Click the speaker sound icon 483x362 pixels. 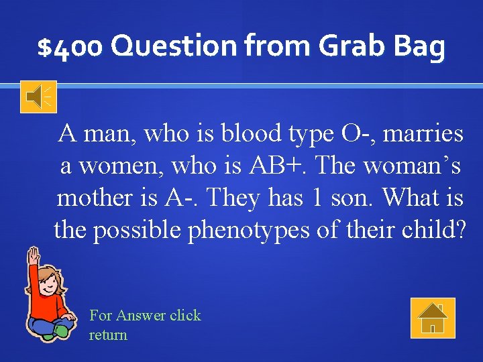coord(38,97)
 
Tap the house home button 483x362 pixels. coord(433,318)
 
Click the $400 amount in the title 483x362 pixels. coord(70,48)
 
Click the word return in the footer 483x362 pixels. coord(108,335)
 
